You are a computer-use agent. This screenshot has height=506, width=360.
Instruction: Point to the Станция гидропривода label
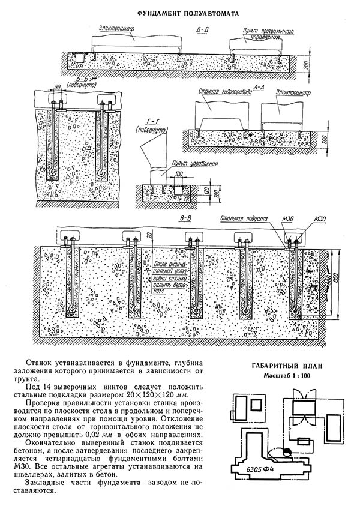(218, 93)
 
